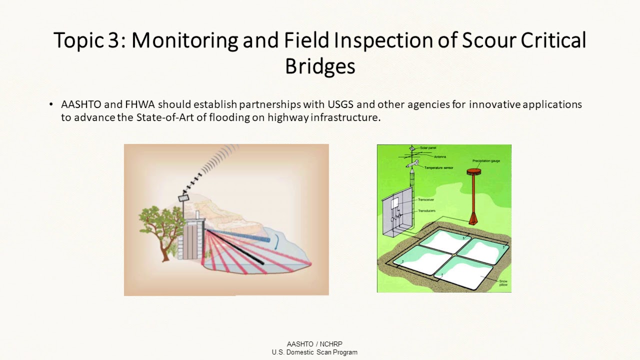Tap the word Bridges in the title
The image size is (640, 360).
[x=320, y=66]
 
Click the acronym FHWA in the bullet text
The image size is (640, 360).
[x=137, y=104]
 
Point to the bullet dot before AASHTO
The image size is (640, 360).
[x=51, y=104]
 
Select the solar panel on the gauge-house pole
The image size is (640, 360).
[x=183, y=198]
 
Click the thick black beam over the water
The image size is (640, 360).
[x=235, y=247]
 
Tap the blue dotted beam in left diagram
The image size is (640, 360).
[x=240, y=235]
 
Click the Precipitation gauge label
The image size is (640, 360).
[x=486, y=161]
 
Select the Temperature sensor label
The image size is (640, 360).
[x=438, y=167]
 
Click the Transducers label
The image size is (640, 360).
[x=427, y=211]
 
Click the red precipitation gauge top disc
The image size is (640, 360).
[x=473, y=171]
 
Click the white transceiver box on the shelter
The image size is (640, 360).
[x=395, y=202]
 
